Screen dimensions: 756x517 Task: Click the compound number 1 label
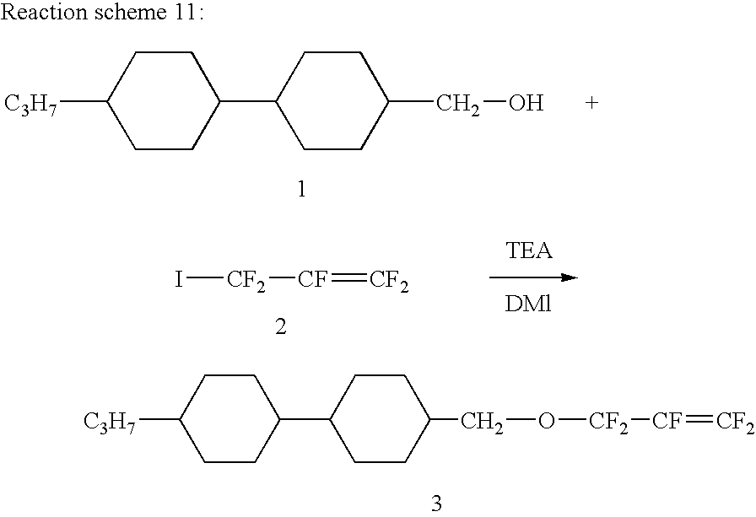pos(301,190)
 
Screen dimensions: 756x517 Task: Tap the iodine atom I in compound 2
pos(179,279)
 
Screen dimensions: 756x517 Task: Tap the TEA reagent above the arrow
pos(529,251)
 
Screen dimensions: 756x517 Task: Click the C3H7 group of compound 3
pos(109,420)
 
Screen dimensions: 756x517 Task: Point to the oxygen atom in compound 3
pos(547,420)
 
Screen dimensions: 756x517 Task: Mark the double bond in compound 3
pos(698,419)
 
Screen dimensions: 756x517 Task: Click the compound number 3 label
pos(436,504)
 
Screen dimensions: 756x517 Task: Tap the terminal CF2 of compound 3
pos(734,421)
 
